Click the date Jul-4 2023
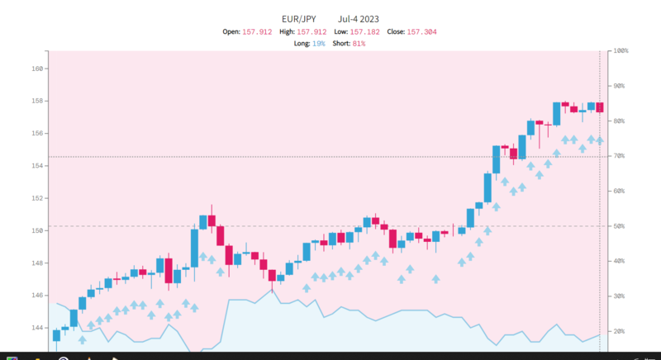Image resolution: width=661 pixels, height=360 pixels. tap(359, 17)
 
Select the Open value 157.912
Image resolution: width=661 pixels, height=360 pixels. tap(257, 31)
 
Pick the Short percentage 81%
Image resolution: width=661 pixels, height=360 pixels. tap(359, 43)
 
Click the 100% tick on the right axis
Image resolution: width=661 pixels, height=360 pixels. tap(621, 51)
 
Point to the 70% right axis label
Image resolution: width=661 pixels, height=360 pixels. tap(621, 156)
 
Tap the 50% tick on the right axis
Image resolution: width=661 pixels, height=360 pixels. tap(621, 226)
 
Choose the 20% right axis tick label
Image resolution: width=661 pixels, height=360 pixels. tap(621, 331)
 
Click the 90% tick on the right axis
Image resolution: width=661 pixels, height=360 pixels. tap(621, 86)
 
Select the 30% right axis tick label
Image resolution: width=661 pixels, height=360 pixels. tap(621, 296)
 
